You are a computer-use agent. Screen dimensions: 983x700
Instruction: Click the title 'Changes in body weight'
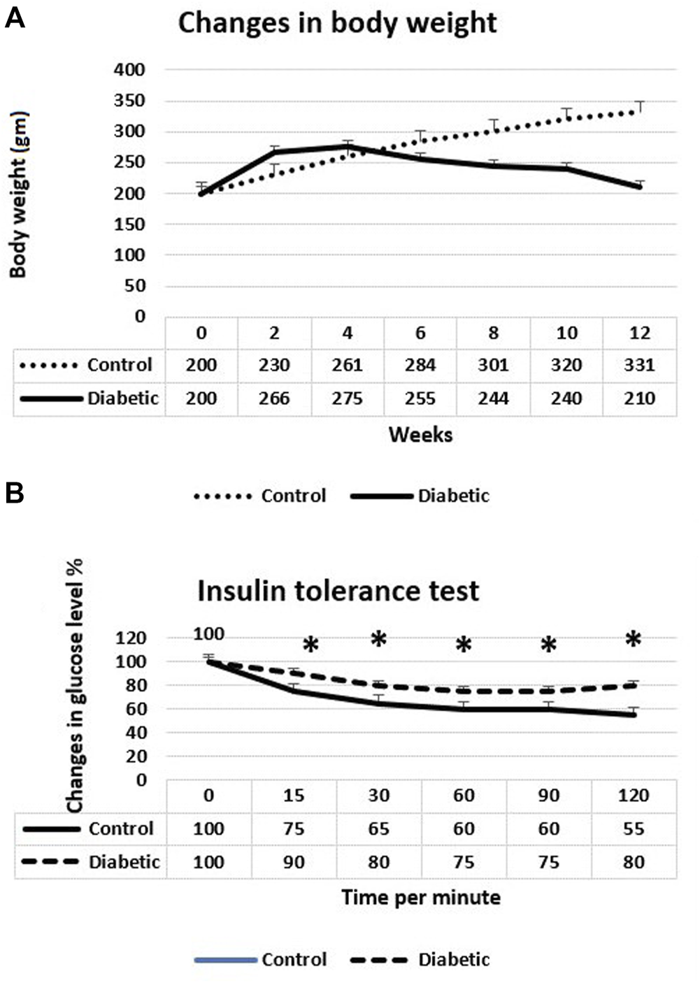(337, 23)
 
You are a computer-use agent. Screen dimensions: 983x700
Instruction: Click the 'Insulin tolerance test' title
(338, 591)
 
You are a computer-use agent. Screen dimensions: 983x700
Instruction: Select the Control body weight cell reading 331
(639, 365)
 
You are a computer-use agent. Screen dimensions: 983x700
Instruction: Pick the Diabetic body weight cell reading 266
(274, 399)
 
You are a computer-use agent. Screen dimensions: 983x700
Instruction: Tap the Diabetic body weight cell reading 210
(639, 399)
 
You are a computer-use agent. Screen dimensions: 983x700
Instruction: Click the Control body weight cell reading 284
(420, 365)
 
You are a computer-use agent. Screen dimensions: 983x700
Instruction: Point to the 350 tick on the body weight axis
(129, 101)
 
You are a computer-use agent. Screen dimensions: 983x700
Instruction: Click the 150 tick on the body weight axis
(129, 224)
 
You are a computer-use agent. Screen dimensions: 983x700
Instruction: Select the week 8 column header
(494, 333)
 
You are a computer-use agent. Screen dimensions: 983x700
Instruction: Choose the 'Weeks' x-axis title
(420, 435)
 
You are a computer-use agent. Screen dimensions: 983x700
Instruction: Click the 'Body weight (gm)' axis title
(18, 194)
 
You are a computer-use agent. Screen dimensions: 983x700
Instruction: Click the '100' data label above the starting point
(208, 634)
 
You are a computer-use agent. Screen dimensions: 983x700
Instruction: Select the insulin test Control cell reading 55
(634, 829)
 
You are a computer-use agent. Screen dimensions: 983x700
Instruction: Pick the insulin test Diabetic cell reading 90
(294, 862)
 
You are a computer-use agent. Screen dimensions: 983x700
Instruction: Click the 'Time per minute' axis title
(420, 898)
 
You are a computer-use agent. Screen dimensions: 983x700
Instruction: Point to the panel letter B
(15, 494)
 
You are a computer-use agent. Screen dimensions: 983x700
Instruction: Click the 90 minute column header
(548, 796)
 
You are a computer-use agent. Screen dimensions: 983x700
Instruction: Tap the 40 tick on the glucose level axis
(136, 733)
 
